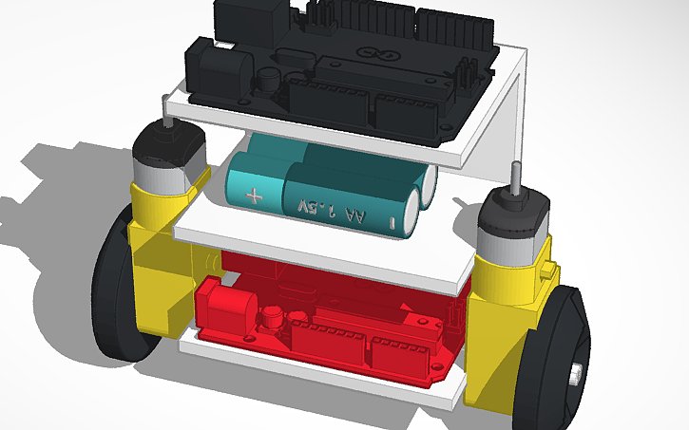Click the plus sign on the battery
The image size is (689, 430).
(x=253, y=197)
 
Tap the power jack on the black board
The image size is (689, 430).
(x=216, y=71)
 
